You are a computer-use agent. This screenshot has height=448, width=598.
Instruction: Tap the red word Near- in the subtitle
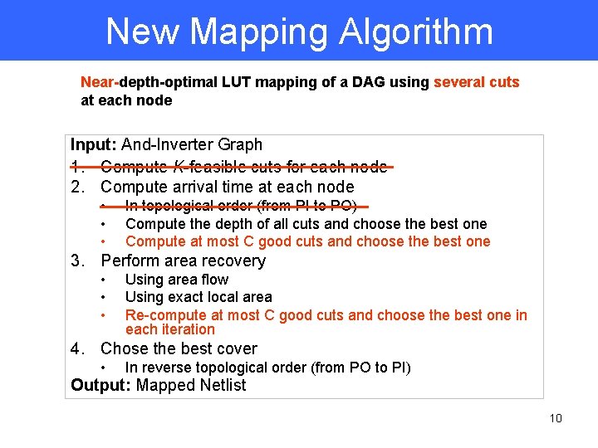(100, 82)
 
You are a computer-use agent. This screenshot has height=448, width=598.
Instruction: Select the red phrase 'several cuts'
(476, 82)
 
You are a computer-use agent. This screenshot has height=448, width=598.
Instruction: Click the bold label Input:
(94, 144)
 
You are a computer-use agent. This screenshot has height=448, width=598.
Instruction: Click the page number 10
(556, 418)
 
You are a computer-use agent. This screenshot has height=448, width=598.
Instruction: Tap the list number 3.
(77, 261)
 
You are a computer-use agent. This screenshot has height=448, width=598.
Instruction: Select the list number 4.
(77, 348)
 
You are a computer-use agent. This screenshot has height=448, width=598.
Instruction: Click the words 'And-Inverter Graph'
(192, 144)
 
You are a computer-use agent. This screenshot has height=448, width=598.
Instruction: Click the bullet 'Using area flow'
(176, 280)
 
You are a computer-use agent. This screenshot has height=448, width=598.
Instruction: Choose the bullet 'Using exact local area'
(199, 296)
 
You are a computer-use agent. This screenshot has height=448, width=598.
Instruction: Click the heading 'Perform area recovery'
(183, 261)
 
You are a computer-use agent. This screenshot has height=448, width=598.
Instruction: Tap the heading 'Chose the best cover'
(179, 348)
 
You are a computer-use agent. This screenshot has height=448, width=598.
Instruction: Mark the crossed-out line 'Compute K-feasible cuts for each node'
(243, 166)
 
